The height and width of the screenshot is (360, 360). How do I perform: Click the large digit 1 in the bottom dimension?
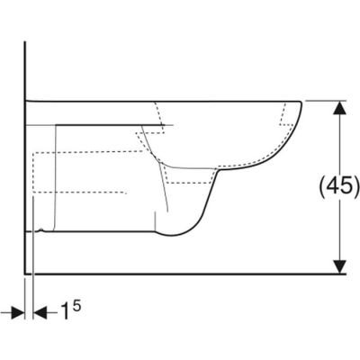(x=65, y=310)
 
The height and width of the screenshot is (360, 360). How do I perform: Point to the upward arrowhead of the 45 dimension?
(x=339, y=107)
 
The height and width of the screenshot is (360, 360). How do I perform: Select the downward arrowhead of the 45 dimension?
(x=339, y=267)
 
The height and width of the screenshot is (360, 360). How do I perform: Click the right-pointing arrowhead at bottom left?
(x=18, y=312)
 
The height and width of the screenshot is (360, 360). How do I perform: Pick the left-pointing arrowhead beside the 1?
(x=40, y=312)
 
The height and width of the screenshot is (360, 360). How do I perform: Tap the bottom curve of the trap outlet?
(x=174, y=235)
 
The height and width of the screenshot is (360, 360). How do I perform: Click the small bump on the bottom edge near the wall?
(x=42, y=230)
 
